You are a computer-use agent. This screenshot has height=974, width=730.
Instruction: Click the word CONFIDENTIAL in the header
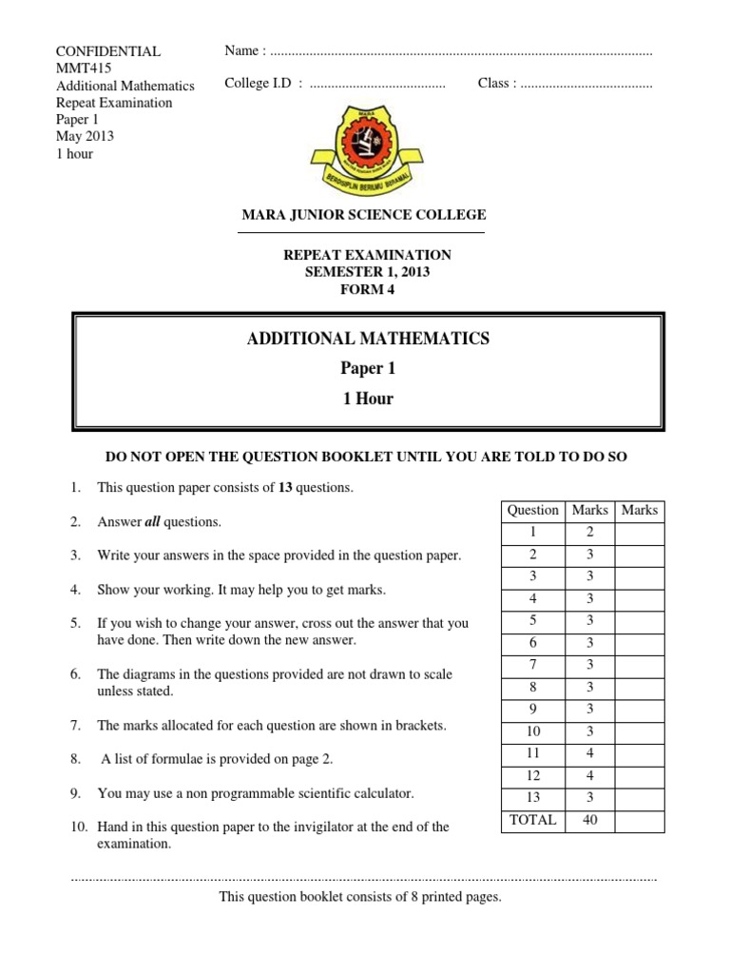tap(108, 51)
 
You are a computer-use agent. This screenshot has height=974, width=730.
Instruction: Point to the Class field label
tap(494, 84)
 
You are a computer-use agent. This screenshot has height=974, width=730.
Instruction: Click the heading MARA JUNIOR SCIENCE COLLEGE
tap(364, 215)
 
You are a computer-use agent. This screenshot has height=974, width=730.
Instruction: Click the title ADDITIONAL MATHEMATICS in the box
tap(368, 339)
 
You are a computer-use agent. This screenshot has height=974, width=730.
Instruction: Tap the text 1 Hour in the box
tap(368, 399)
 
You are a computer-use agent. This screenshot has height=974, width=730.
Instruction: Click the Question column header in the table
tap(532, 511)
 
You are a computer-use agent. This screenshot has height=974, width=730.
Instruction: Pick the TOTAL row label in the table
tap(532, 820)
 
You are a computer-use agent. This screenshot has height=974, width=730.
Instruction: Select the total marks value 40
tap(589, 820)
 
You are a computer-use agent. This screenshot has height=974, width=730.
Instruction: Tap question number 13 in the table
tap(532, 797)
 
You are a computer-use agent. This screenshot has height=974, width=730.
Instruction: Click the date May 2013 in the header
tap(85, 136)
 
